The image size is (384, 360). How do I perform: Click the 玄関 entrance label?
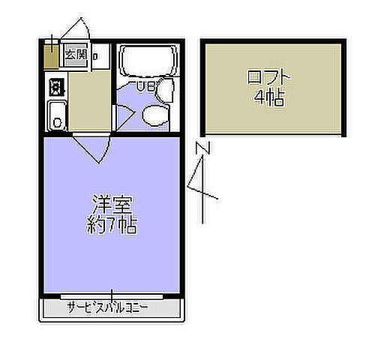75,54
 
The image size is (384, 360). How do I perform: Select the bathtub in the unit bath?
147,61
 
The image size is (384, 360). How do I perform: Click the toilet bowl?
154,115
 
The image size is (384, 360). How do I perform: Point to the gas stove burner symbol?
55,87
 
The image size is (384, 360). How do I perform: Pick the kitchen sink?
56,116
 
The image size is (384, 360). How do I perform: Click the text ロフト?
268,77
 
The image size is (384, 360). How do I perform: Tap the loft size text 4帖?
268,97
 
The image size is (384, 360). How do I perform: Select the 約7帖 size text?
112,224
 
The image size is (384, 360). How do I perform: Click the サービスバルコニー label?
108,308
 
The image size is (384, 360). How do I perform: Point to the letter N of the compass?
201,148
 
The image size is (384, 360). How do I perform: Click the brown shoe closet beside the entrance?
49,55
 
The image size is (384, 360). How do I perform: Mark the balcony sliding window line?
112,296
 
